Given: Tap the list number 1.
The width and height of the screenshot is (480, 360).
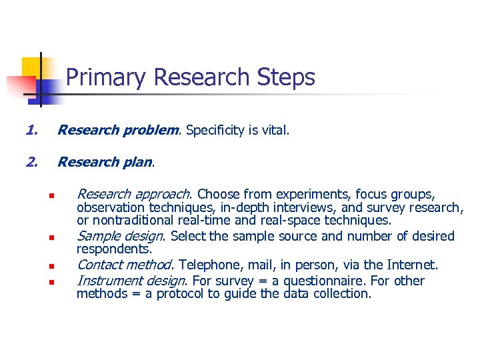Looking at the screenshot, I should point(29,130).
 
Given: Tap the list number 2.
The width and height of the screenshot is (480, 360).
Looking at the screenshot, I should point(31,161).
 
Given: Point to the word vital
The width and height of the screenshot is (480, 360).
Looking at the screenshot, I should point(274,130).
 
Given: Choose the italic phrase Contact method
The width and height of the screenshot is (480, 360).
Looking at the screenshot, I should point(125,265).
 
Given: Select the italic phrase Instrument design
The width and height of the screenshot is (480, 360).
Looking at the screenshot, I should point(130,281).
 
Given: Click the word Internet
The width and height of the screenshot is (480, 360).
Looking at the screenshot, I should point(411,265).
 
